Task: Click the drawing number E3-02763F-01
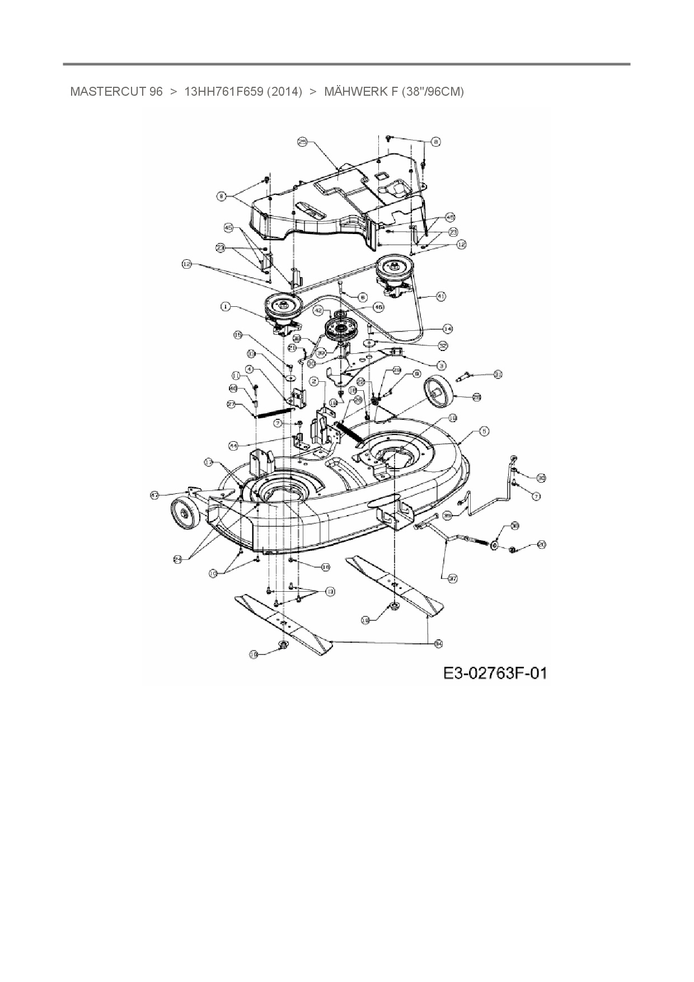click(x=495, y=672)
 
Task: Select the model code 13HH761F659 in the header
click(x=223, y=92)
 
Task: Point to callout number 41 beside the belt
click(x=441, y=297)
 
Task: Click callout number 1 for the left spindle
click(x=225, y=306)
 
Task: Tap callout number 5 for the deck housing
click(x=484, y=431)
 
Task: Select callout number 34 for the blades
click(x=438, y=644)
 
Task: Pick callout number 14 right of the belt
click(x=447, y=329)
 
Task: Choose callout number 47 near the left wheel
click(x=154, y=495)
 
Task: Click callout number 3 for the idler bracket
click(x=442, y=365)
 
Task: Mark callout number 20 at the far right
click(x=541, y=544)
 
